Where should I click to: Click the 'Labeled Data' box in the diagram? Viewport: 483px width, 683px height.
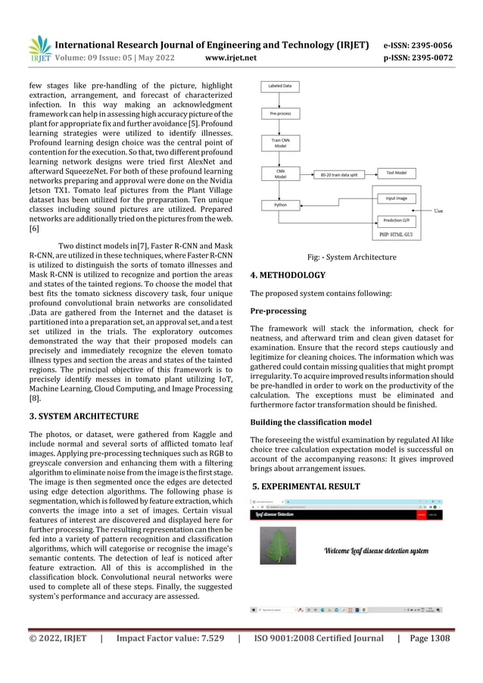coord(280,86)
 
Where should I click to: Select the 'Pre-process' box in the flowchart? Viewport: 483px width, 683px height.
coord(280,114)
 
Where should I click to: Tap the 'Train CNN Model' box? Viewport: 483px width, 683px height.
coord(280,143)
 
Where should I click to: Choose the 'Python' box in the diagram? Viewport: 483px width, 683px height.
coord(280,205)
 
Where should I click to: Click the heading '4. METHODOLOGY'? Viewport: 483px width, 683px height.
coord(288,275)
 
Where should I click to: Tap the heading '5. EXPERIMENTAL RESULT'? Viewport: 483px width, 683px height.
coord(307,485)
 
